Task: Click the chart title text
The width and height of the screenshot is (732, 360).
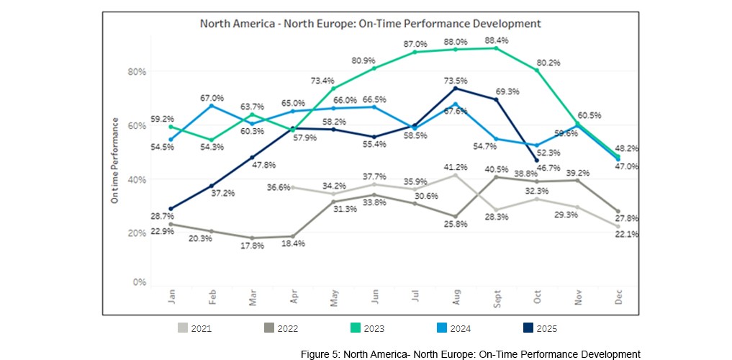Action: pos(370,24)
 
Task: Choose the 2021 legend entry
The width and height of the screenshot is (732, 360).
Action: pos(194,328)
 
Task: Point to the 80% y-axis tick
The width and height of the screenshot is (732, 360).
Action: pos(137,71)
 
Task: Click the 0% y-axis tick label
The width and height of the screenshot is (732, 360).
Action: pos(140,282)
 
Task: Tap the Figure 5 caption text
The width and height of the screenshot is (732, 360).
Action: pos(470,354)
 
